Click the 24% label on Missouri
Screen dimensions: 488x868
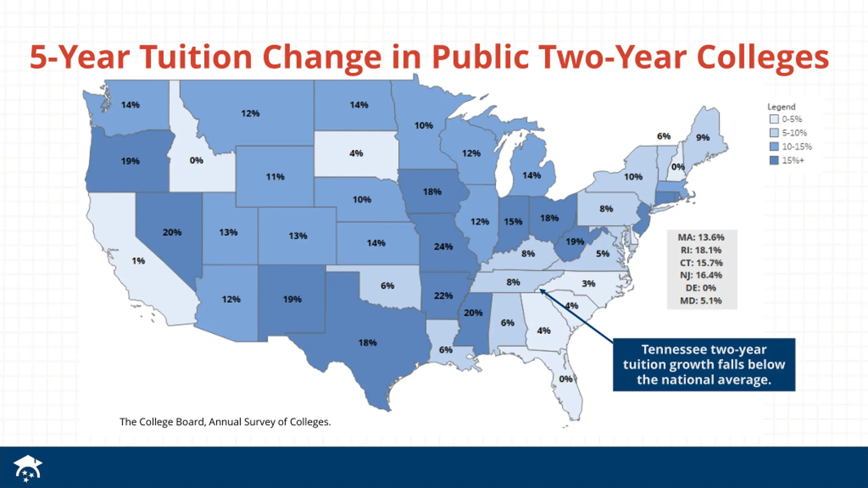click(x=443, y=246)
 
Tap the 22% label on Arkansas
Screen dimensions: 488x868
click(x=443, y=296)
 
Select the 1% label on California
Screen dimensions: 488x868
click(x=138, y=261)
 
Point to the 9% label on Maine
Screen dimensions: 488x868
click(x=703, y=137)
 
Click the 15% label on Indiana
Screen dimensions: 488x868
click(x=513, y=222)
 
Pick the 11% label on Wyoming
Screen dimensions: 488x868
click(x=275, y=177)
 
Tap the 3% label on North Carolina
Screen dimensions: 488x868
click(x=588, y=283)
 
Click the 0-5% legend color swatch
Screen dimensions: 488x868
click(x=774, y=119)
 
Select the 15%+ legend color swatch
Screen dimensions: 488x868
click(x=774, y=160)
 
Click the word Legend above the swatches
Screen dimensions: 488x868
click(x=781, y=107)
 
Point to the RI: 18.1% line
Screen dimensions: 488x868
click(x=701, y=250)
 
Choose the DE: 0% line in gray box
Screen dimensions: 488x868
click(x=701, y=288)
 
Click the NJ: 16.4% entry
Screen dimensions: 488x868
click(x=701, y=275)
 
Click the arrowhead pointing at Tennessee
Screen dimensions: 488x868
click(x=541, y=291)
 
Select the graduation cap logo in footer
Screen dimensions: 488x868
click(x=27, y=468)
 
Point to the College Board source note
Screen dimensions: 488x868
click(x=225, y=422)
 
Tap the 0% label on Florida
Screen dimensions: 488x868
click(x=566, y=379)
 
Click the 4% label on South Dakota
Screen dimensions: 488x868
click(x=356, y=153)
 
